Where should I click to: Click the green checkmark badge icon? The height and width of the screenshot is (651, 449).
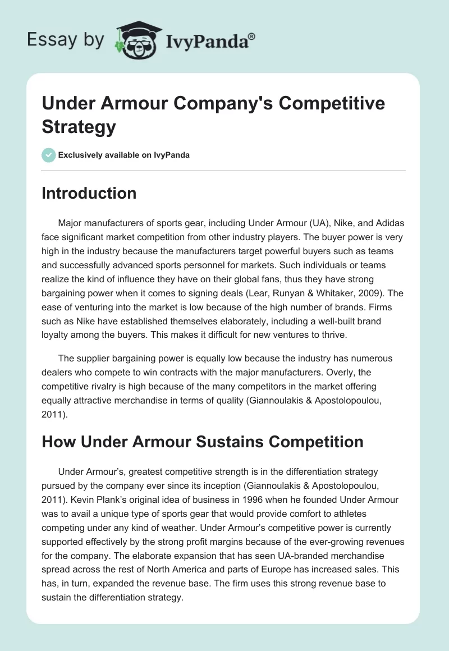[x=48, y=155]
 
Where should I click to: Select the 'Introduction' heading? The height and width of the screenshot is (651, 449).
[x=89, y=193]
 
